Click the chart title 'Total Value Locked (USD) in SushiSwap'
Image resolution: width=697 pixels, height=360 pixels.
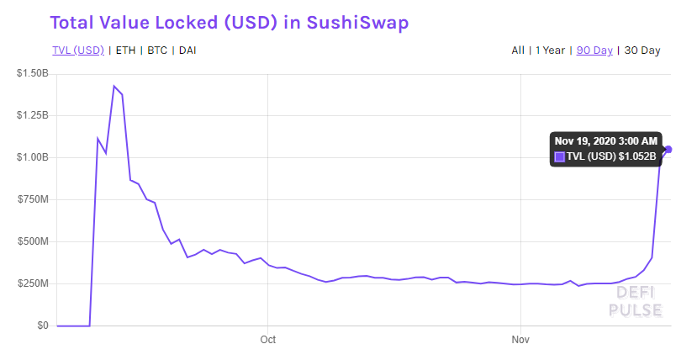tap(230, 23)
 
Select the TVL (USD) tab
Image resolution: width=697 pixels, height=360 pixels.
tap(77, 50)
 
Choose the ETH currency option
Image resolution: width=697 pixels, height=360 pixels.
tap(125, 50)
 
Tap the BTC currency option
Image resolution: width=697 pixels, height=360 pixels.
tap(157, 50)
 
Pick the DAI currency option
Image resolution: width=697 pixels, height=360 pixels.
tap(188, 50)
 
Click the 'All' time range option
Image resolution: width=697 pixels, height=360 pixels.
tap(518, 50)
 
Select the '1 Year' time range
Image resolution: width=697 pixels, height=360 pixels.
tap(552, 50)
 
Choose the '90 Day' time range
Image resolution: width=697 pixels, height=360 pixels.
tap(594, 50)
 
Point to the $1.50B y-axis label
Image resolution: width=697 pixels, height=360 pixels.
tap(32, 74)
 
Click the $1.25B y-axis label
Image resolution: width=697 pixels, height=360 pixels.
tap(32, 115)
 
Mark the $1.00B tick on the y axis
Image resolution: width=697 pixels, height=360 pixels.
tap(32, 157)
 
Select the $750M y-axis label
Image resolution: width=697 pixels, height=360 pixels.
tap(34, 199)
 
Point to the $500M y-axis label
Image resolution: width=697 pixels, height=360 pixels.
tap(34, 241)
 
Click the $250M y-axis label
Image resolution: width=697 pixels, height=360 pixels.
tap(34, 283)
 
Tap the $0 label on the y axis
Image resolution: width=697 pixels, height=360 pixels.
tap(40, 326)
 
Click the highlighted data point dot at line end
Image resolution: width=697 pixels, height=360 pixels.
tap(668, 150)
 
